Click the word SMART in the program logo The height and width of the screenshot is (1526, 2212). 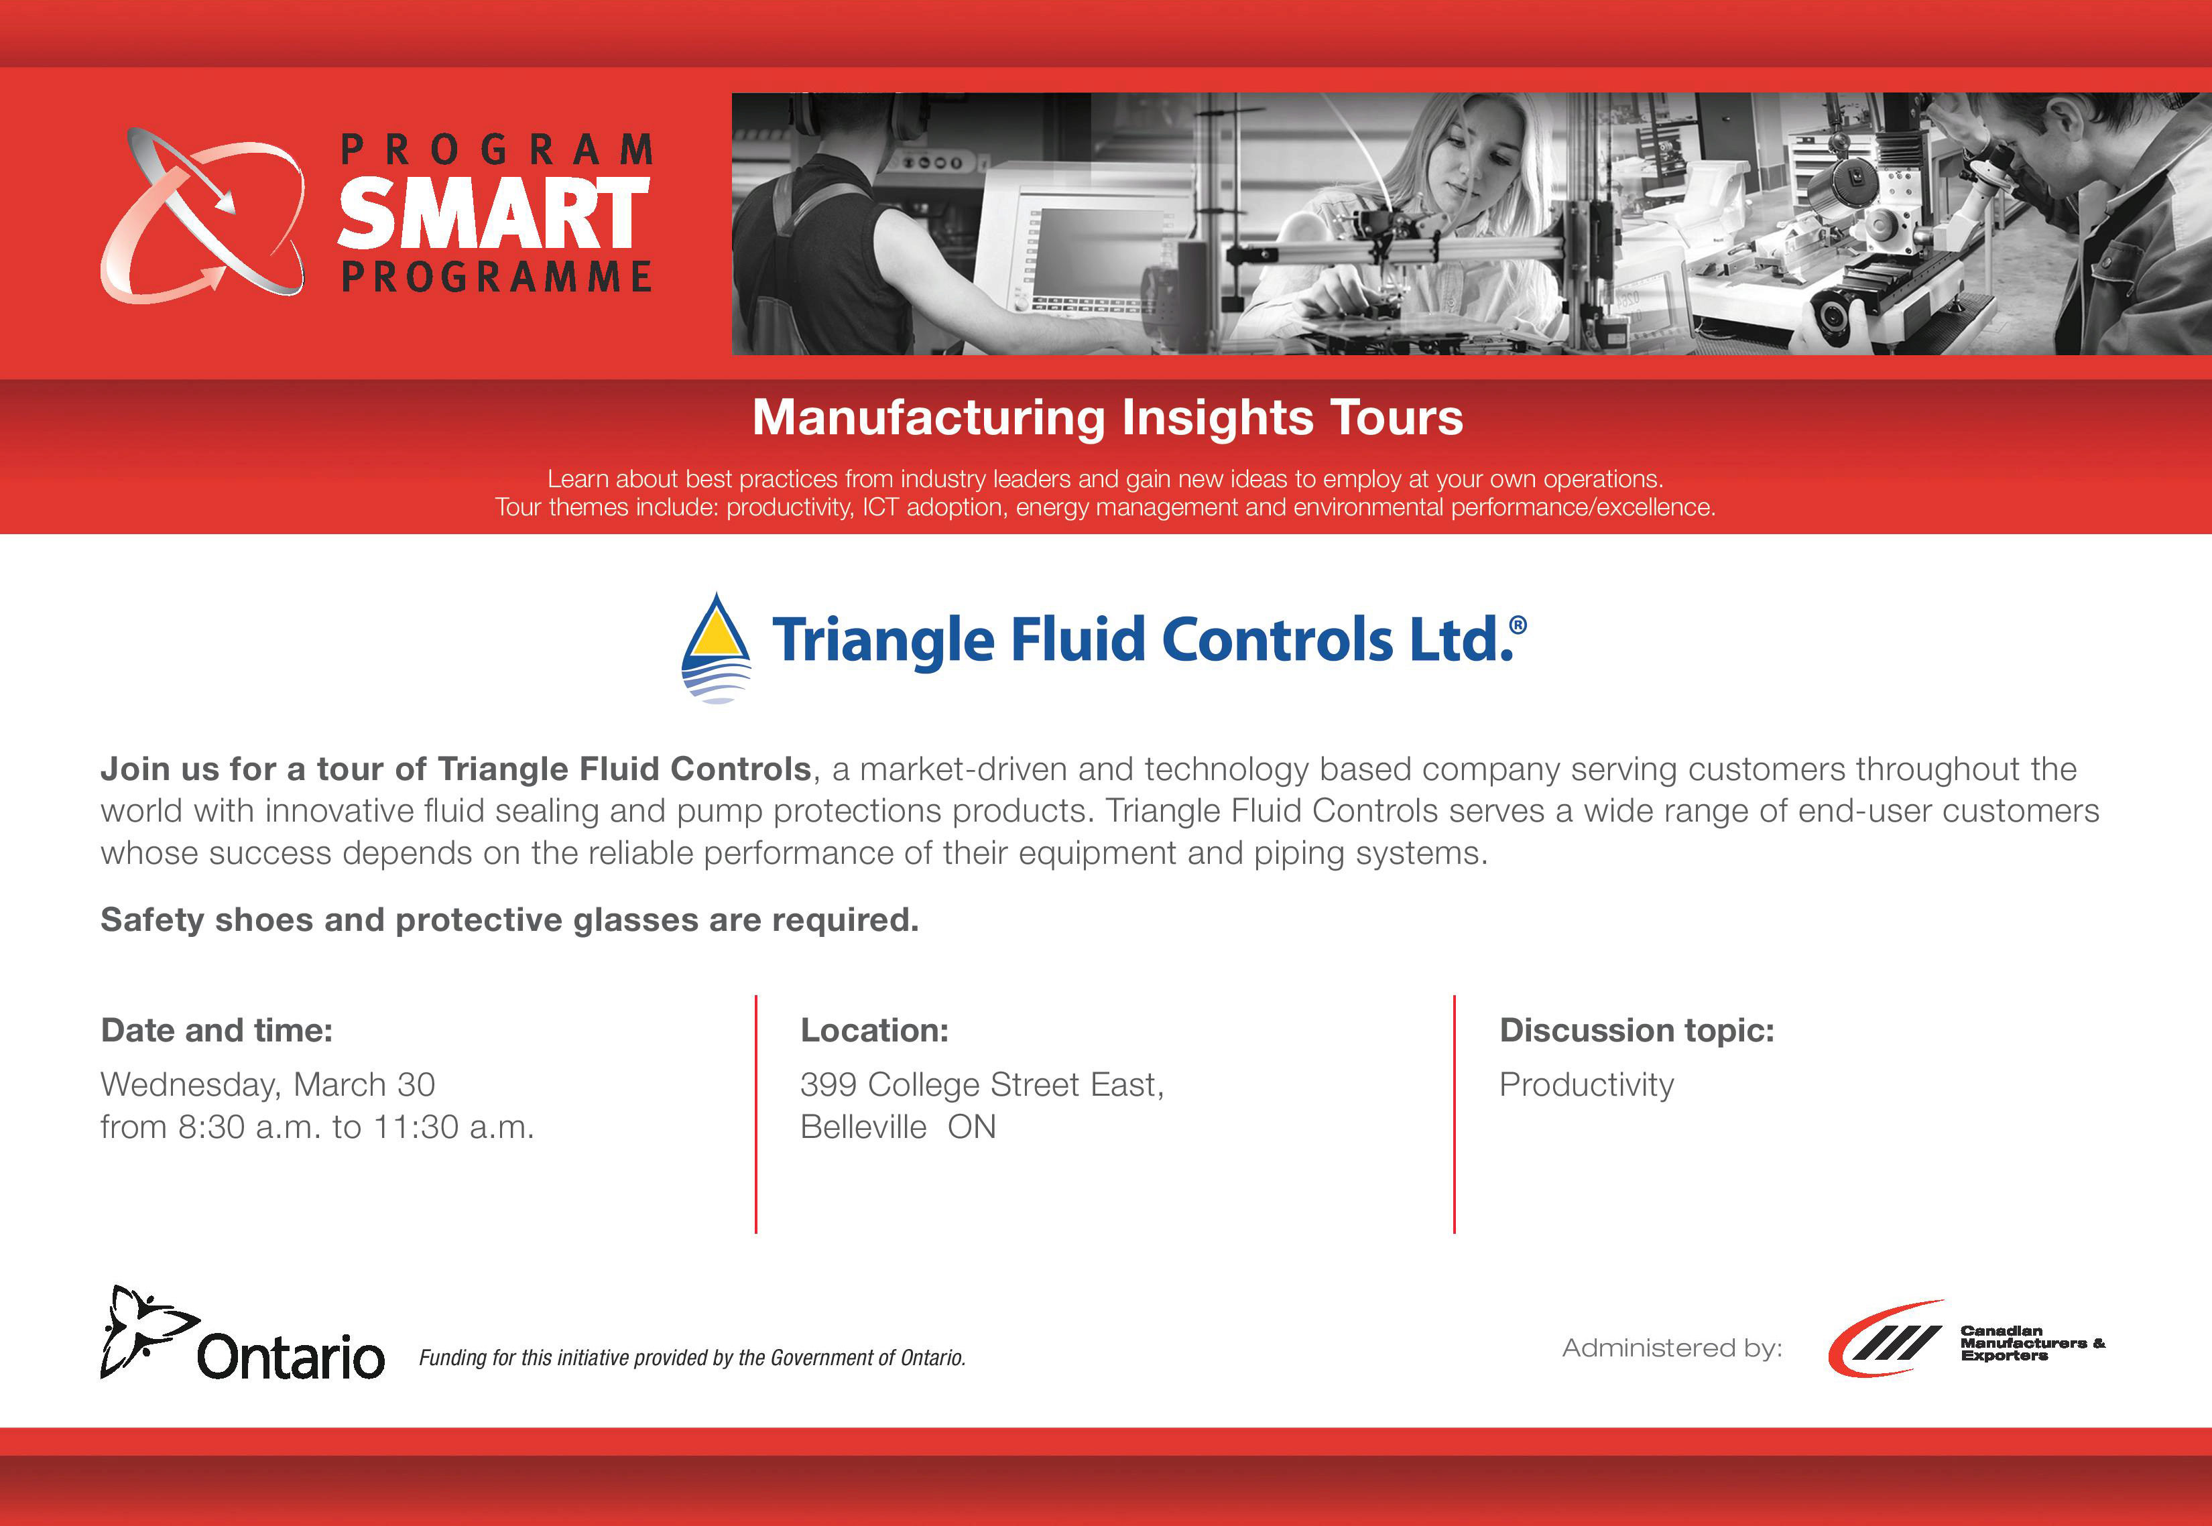click(493, 212)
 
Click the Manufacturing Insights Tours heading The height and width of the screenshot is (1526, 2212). click(1107, 418)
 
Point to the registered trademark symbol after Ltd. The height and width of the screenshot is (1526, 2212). click(1517, 625)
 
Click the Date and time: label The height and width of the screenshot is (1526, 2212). click(217, 1030)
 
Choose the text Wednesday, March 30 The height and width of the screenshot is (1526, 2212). click(267, 1084)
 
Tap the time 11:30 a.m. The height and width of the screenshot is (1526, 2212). click(452, 1127)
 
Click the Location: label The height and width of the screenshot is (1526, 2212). click(874, 1030)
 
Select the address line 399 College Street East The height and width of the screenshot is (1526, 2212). click(982, 1084)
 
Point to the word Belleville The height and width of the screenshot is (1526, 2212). click(863, 1127)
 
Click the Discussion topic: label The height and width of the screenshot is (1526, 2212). click(1636, 1030)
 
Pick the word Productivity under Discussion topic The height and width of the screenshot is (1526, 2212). click(1587, 1085)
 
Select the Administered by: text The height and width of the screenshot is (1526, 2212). click(1672, 1348)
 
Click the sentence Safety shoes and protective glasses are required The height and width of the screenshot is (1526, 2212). click(509, 919)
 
